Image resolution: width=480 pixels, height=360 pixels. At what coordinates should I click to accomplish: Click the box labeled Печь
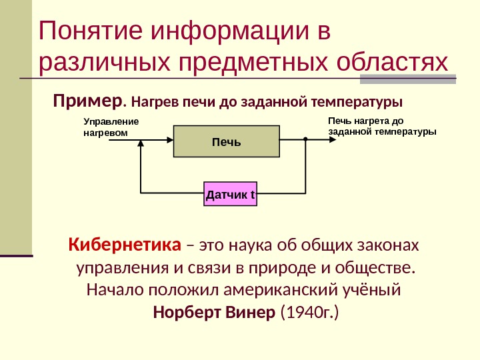tap(226, 141)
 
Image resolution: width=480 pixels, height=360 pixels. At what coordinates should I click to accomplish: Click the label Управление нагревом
tap(111, 127)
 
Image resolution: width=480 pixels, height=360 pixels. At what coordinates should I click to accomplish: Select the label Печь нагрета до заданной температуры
tap(382, 127)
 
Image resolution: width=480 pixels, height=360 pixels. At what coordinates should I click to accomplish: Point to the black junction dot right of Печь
tap(304, 141)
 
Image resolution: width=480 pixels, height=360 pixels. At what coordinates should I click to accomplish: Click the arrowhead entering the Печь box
tap(169, 141)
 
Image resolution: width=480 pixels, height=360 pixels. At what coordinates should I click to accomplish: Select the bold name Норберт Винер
tap(214, 312)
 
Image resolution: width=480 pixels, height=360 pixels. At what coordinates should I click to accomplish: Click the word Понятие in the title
tap(91, 32)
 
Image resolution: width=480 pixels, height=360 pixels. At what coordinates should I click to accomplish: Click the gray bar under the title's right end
tap(407, 80)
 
